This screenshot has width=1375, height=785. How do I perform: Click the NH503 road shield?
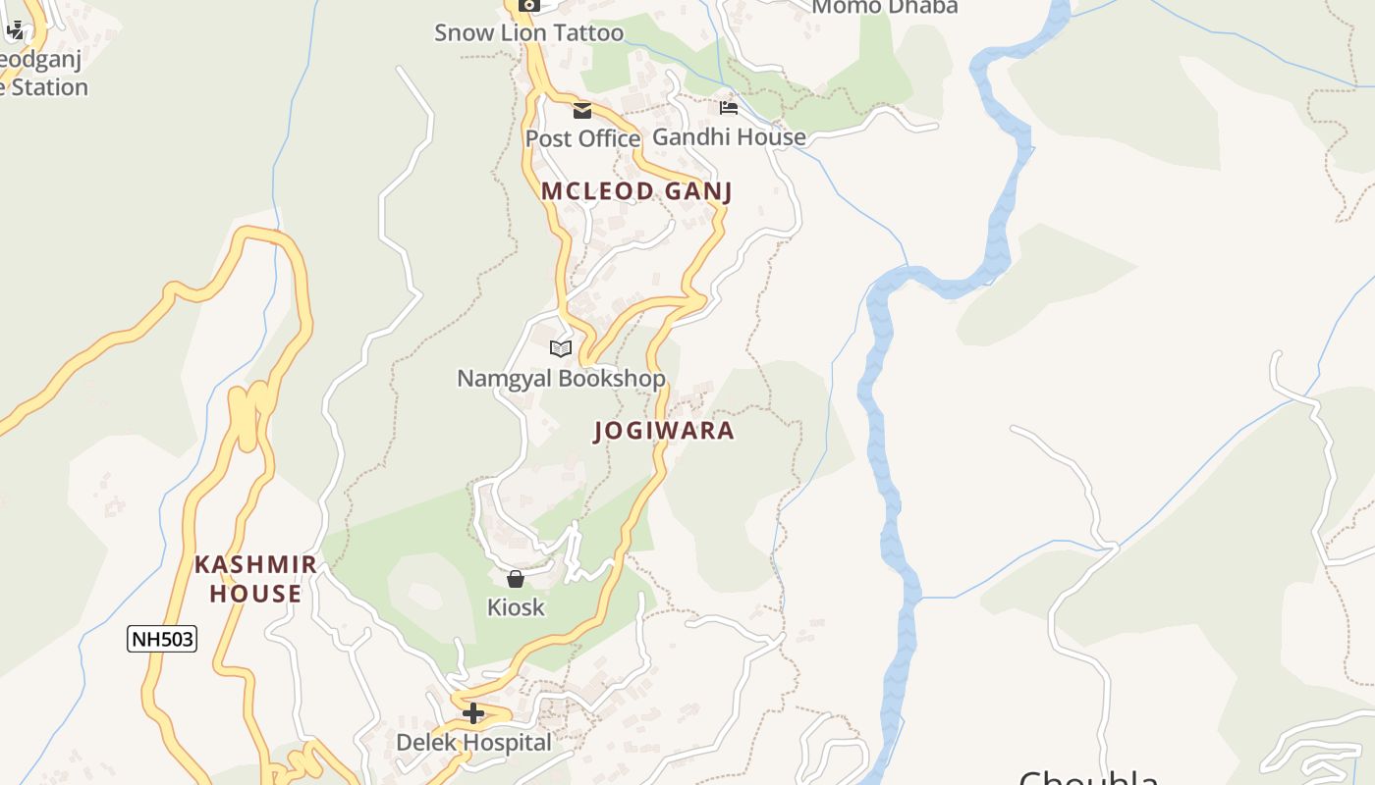pos(162,640)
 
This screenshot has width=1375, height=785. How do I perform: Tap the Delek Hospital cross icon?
pos(473,713)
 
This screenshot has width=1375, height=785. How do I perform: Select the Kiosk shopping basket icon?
pos(516,579)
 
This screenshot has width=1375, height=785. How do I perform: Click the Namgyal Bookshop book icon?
pos(561,348)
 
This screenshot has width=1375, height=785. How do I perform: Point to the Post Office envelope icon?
pos(582,110)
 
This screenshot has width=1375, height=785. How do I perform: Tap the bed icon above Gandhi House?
pos(728,107)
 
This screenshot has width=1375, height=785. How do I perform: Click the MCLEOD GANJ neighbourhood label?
pos(636,191)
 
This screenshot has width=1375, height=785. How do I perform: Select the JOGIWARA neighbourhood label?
pos(664,431)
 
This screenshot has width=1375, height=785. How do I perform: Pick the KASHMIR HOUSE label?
pos(255,579)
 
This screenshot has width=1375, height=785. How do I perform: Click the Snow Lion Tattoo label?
pos(528,32)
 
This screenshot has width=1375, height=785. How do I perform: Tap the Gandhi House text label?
pos(729,137)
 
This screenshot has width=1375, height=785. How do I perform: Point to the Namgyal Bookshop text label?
pos(561,378)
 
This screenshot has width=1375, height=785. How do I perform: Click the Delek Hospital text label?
pos(473,743)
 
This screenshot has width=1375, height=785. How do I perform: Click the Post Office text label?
pos(582,138)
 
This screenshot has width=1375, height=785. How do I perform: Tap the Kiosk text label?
pos(516,607)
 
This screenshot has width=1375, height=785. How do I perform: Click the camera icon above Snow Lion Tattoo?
pos(528,5)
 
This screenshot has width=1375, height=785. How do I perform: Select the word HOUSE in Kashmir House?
pos(255,594)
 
